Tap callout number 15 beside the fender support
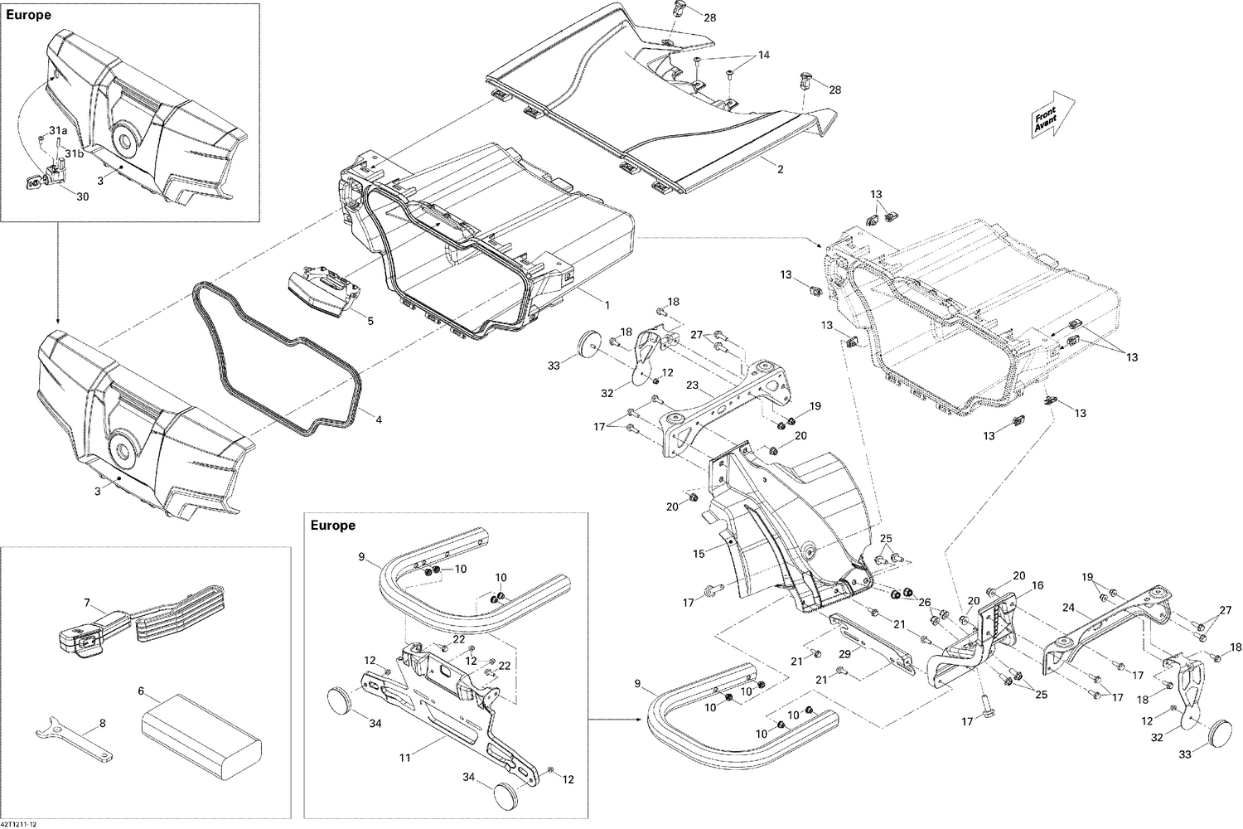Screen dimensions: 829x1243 [699, 552]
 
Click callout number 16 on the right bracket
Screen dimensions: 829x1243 [1037, 585]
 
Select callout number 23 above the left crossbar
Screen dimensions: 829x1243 [692, 385]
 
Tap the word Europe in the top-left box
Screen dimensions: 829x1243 [30, 15]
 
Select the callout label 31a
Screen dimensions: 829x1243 [58, 131]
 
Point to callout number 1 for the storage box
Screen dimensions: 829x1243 [607, 305]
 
